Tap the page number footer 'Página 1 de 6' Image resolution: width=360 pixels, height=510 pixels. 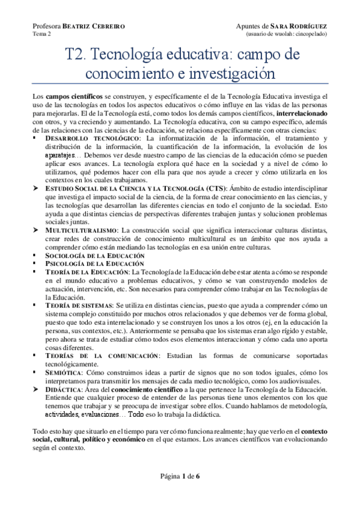pyautogui.click(x=180, y=476)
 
